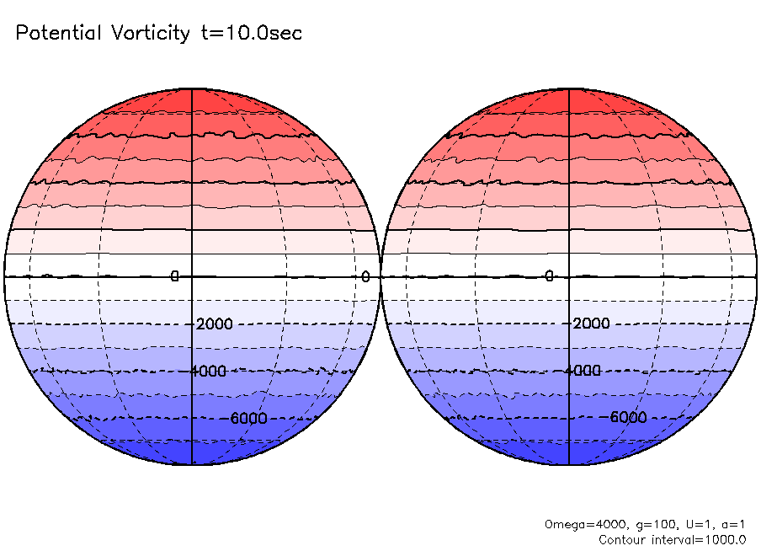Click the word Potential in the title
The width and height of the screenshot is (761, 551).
coord(56,33)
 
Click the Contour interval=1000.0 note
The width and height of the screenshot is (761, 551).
coord(673,539)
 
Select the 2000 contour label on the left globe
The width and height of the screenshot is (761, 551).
coord(214,324)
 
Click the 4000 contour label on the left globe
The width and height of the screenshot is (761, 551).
coord(209,372)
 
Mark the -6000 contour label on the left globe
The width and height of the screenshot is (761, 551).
coord(247,419)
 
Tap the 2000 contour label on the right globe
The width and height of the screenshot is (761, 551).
coord(591,324)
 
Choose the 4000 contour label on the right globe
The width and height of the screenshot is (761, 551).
coord(586,372)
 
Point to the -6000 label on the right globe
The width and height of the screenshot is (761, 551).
coord(625,419)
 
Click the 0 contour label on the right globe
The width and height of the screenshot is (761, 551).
coord(548,276)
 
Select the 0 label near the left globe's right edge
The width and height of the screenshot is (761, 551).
coord(365,276)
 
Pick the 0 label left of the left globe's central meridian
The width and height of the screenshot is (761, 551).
coord(175,276)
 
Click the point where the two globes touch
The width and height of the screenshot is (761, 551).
coord(380,276)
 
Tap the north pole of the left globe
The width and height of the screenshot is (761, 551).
coord(192,88)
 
